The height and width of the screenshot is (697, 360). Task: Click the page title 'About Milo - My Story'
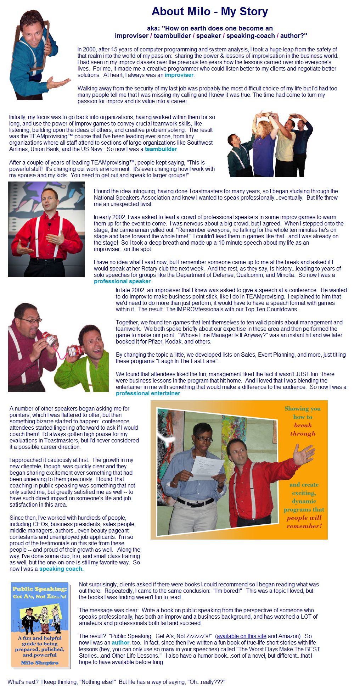click(209, 12)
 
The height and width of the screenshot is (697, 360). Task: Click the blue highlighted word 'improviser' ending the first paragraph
click(179, 75)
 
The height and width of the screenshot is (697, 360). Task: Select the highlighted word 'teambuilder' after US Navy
click(161, 149)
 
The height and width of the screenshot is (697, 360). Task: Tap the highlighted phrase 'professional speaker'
click(122, 281)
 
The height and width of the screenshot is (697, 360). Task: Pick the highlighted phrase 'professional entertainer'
click(148, 394)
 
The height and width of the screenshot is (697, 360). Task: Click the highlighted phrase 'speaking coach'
click(61, 569)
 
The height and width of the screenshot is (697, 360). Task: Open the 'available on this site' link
click(241, 636)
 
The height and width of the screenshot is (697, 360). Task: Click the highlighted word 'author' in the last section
click(120, 643)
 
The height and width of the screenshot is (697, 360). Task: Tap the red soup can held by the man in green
click(75, 351)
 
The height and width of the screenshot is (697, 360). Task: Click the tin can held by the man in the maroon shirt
click(50, 339)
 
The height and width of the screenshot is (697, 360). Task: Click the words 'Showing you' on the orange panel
click(303, 409)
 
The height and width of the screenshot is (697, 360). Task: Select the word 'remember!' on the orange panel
click(304, 526)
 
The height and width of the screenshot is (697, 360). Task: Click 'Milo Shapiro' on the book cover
click(40, 663)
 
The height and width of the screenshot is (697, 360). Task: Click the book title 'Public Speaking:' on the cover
click(40, 589)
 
